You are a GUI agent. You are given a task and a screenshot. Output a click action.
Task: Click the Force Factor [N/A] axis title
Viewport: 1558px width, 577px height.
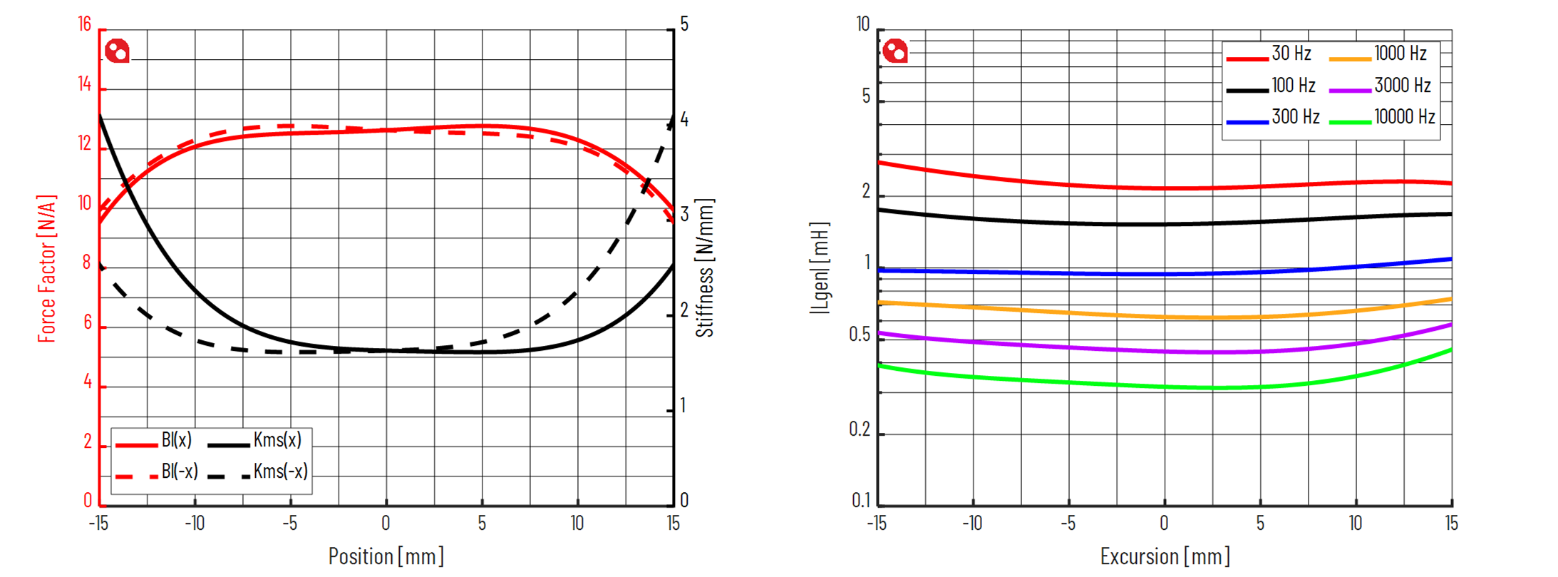(46, 268)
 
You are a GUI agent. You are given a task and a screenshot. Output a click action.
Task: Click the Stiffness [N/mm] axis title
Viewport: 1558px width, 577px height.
(704, 268)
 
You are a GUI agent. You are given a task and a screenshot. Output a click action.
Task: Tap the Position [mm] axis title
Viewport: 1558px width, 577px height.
(386, 556)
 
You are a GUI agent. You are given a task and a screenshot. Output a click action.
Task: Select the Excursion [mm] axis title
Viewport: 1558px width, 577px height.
(1165, 556)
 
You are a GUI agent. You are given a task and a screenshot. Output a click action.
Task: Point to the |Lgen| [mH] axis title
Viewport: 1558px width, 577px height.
(820, 268)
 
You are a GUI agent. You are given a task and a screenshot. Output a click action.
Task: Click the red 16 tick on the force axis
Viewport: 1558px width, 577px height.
(85, 25)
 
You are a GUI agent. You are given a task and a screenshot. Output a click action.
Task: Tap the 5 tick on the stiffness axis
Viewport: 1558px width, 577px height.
(684, 25)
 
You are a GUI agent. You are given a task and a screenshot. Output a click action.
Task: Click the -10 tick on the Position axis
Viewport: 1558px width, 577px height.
(195, 524)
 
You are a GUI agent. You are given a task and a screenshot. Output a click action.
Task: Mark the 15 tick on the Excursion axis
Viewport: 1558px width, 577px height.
(1451, 524)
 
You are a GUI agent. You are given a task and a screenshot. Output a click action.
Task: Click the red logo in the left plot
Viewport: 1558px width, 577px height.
(117, 51)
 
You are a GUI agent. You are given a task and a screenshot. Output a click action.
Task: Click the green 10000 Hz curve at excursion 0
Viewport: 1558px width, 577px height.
(1165, 387)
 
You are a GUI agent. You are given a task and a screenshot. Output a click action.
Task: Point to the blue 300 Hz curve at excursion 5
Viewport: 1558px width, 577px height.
(1260, 272)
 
